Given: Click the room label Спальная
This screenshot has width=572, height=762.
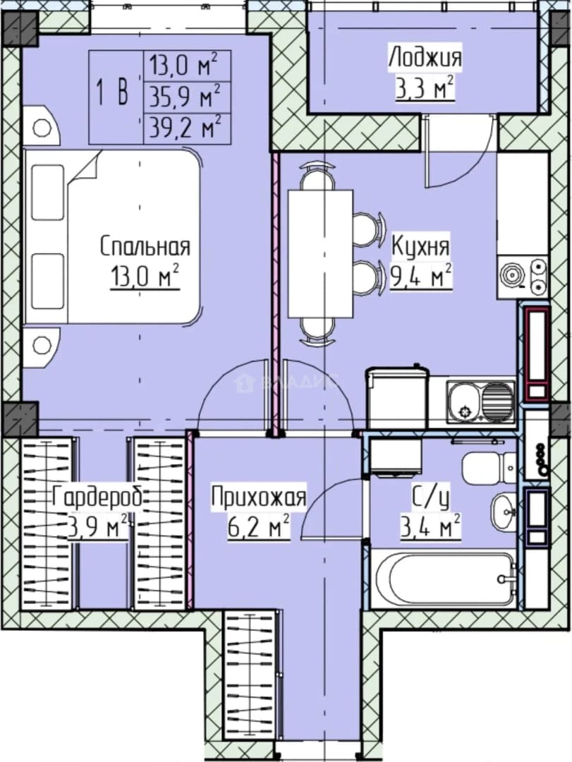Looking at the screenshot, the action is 145,247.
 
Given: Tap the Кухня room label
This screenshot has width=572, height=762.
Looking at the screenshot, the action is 420,247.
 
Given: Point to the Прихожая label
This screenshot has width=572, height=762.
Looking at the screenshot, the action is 259,497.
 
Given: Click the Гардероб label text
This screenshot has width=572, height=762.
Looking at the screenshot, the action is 97,497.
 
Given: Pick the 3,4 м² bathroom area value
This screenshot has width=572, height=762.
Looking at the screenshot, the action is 430,527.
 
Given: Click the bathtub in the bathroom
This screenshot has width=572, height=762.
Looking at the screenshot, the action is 443,579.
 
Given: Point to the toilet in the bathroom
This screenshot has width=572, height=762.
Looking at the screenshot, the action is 489,468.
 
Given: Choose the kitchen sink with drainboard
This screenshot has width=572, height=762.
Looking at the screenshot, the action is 480,401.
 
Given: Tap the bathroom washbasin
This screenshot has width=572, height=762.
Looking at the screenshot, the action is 503,512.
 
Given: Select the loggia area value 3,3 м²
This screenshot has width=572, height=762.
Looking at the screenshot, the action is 425,88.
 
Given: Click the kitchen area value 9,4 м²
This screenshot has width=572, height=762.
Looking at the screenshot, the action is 422,277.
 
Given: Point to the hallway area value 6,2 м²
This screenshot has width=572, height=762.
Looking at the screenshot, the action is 259,526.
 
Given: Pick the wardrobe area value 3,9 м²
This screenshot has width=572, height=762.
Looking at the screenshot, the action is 99,527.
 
